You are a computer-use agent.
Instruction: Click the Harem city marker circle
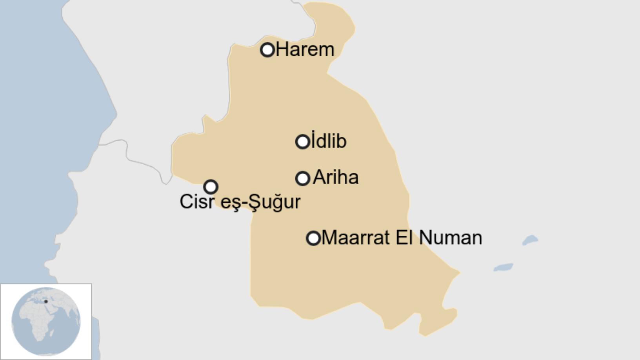point(267,50)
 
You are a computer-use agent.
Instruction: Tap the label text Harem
point(305,50)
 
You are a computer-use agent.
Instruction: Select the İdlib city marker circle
point(302,142)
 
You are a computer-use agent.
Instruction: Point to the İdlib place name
point(329,141)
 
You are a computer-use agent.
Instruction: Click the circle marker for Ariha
point(302,178)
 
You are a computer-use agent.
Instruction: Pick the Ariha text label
point(336,177)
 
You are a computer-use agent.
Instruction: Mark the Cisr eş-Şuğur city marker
point(211,187)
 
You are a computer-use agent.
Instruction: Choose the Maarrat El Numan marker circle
point(313,238)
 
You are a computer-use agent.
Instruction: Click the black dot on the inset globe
point(46,302)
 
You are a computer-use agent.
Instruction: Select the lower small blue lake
point(503,267)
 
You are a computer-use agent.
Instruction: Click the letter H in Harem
point(282,50)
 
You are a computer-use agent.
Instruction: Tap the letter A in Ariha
point(320,177)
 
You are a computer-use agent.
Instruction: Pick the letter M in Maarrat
point(329,238)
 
